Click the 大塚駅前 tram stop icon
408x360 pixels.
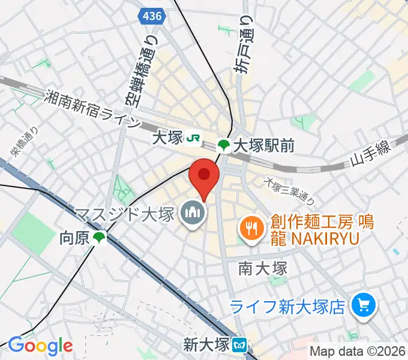tap(223, 145)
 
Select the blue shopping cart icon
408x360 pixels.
tap(362, 307)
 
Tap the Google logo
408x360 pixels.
tap(40, 346)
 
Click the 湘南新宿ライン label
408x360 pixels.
tap(92, 109)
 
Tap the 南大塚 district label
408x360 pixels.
tap(262, 268)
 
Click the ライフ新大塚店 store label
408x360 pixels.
tap(289, 307)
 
